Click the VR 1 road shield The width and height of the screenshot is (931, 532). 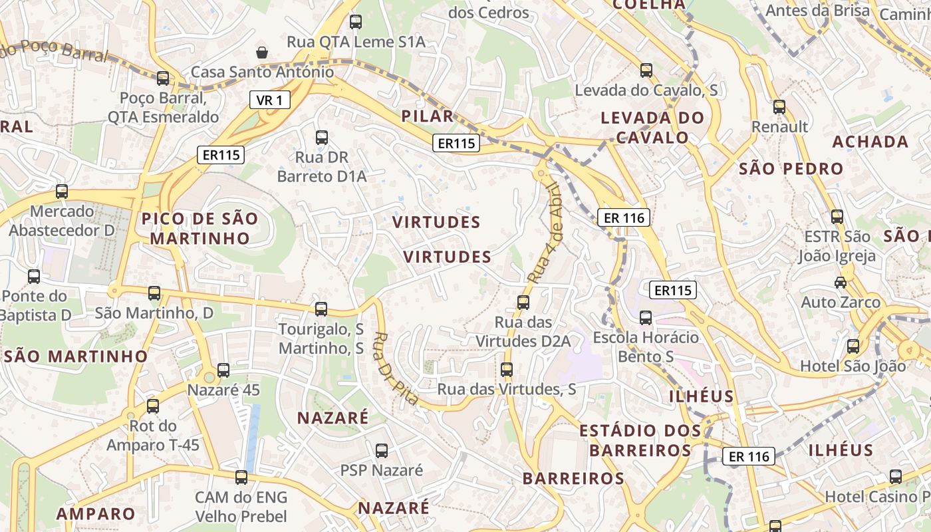point(270,100)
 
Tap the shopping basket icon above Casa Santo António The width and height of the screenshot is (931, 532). point(263,52)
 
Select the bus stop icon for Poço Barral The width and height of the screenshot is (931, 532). point(163,78)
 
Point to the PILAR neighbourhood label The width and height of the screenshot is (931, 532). point(428,116)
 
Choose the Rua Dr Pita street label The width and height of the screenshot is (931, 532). point(396,368)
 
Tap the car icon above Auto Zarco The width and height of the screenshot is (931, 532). point(841,282)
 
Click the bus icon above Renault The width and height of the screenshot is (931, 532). point(779,106)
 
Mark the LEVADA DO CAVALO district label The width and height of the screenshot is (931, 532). point(652,128)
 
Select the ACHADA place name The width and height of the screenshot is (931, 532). point(870,142)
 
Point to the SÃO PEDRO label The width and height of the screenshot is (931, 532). point(791,169)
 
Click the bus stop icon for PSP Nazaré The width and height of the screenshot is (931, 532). point(382,451)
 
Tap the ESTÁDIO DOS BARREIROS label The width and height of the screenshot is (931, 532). point(640,440)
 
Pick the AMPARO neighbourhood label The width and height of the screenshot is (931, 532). point(96,514)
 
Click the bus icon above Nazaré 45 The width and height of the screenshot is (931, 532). point(223,370)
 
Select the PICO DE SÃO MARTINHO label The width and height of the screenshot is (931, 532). point(199,228)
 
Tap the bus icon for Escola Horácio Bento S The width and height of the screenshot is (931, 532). point(646,318)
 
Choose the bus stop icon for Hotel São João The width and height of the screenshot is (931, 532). point(853,346)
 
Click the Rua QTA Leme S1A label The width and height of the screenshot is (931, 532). point(356,42)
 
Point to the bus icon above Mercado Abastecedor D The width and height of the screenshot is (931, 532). point(62,192)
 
